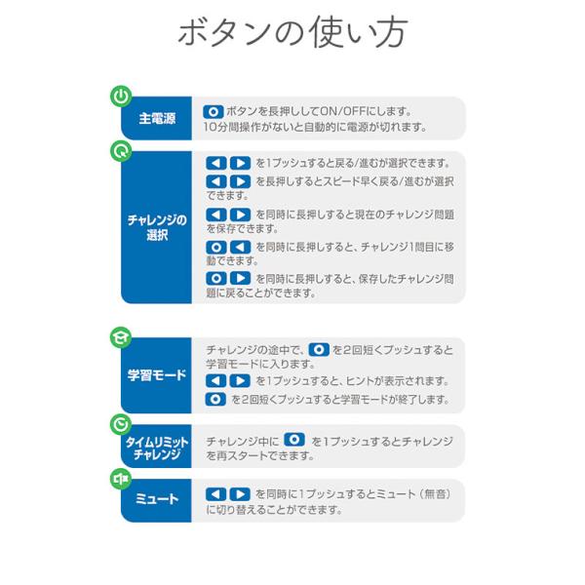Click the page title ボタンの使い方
click(x=292, y=32)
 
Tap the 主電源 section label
click(x=157, y=119)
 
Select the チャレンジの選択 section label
click(x=157, y=227)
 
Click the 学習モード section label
click(x=157, y=375)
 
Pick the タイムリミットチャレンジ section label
click(x=157, y=448)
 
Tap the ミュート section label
click(x=157, y=499)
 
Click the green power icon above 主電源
click(x=121, y=97)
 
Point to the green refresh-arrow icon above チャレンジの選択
click(x=121, y=151)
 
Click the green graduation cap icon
click(x=121, y=337)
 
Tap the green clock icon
click(x=121, y=424)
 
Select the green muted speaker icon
click(x=121, y=479)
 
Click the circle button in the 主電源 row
click(x=214, y=111)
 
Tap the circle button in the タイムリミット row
click(x=294, y=440)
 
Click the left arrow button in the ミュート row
click(x=216, y=494)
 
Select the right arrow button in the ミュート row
click(x=240, y=494)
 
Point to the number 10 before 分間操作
click(x=210, y=127)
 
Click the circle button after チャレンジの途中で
click(x=319, y=350)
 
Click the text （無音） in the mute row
click(x=435, y=494)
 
